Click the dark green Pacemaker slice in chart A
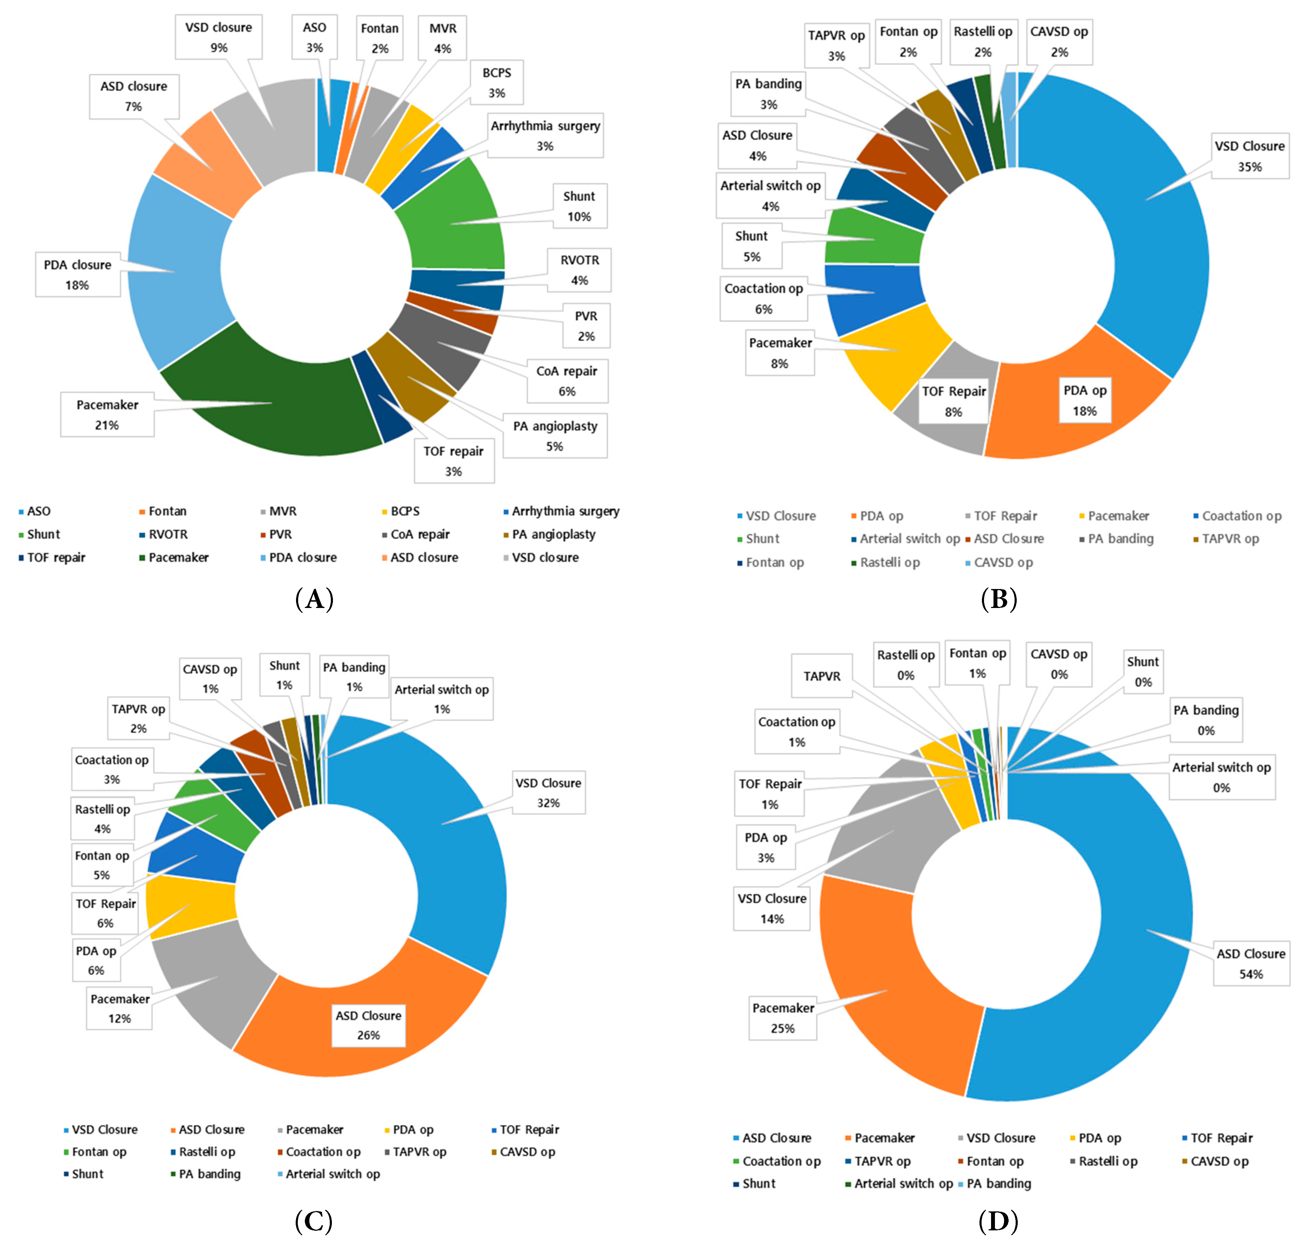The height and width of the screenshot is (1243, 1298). tap(265, 397)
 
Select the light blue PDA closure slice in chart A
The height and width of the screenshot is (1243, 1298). tap(179, 272)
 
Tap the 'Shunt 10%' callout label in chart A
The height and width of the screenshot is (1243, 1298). tap(579, 206)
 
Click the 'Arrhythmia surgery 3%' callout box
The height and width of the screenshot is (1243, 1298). tap(545, 136)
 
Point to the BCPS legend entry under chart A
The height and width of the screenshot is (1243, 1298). tap(404, 511)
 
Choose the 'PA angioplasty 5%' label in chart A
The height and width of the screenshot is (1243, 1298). tap(555, 436)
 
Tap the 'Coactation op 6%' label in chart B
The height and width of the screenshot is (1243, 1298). tap(763, 299)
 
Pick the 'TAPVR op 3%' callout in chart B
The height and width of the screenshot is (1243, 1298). tap(837, 46)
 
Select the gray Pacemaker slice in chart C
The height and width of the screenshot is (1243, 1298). tap(212, 980)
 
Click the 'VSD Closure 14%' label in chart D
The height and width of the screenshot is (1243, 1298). tap(772, 908)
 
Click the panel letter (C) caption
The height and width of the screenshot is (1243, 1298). tap(313, 1220)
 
